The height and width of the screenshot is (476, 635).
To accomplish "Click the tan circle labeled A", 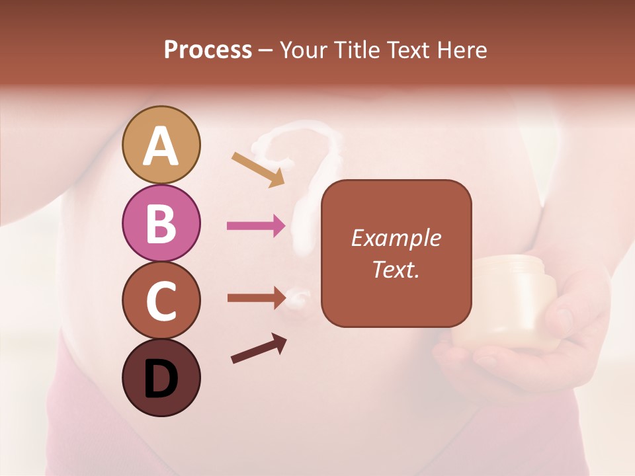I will tap(161, 145).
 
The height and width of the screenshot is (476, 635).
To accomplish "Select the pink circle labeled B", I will tap(161, 223).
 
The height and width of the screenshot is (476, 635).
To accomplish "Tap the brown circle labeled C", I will tap(161, 300).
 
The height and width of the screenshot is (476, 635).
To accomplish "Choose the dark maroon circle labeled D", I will tap(161, 377).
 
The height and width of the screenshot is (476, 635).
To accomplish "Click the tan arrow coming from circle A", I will tap(258, 169).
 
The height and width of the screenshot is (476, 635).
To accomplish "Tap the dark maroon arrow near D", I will tap(259, 348).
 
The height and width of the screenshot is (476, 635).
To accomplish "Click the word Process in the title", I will tap(208, 50).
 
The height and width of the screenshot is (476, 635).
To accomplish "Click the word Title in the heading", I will tap(357, 50).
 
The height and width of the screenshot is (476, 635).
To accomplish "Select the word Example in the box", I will tap(396, 238).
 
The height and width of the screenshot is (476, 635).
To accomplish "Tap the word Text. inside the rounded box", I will tap(396, 269).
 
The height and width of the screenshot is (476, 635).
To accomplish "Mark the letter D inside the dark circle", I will tap(161, 380).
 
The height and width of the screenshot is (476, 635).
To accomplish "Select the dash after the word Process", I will tap(266, 50).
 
